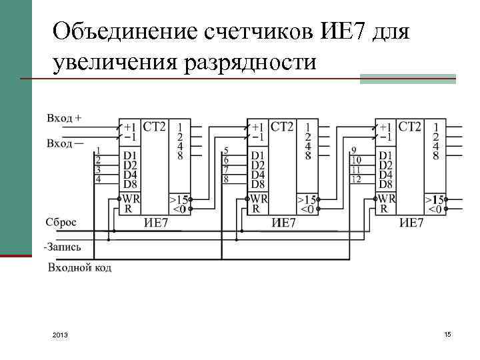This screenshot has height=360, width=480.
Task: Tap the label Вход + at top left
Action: (x=64, y=118)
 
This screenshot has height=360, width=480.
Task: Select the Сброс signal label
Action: (x=61, y=222)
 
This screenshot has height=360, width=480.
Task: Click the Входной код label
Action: (x=79, y=268)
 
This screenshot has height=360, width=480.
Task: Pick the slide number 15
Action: (x=447, y=333)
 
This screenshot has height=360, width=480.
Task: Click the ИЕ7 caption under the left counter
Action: (x=156, y=223)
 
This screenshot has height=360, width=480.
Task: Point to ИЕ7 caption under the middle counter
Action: (x=284, y=223)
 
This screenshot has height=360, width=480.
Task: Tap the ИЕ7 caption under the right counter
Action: (x=411, y=223)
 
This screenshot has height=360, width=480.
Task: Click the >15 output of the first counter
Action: (x=179, y=199)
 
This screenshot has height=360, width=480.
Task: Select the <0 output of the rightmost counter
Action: (x=435, y=209)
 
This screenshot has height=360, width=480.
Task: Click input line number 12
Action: (x=356, y=179)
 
